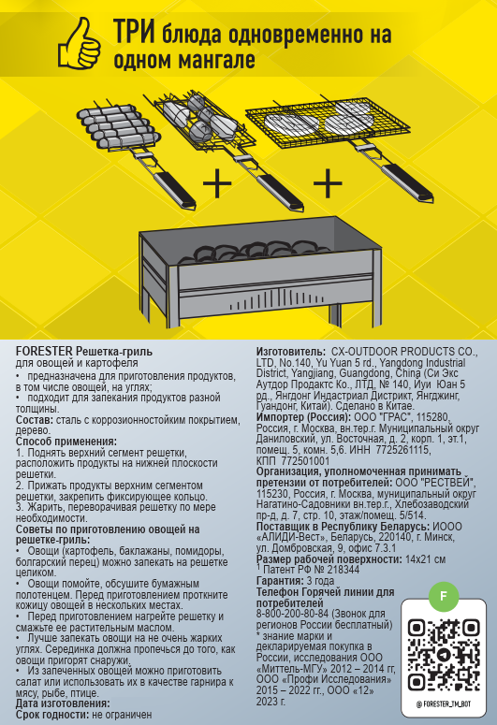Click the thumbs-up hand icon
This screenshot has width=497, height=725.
coord(80,42)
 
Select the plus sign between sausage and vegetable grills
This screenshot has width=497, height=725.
coord(217,183)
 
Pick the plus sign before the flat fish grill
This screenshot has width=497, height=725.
coord(328,183)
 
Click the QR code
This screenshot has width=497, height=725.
coord(443,655)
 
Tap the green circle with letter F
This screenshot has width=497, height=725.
coord(444,596)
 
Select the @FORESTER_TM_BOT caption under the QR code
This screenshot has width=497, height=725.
coord(443,704)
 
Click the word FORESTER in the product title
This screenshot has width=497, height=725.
coord(44,352)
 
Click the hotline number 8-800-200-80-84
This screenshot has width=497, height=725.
coord(292,614)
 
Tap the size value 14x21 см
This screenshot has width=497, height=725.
coord(425,559)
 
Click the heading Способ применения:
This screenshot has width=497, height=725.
coord(66,442)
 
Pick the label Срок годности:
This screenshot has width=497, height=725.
coord(52,715)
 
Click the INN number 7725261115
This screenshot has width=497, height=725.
coord(403,450)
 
